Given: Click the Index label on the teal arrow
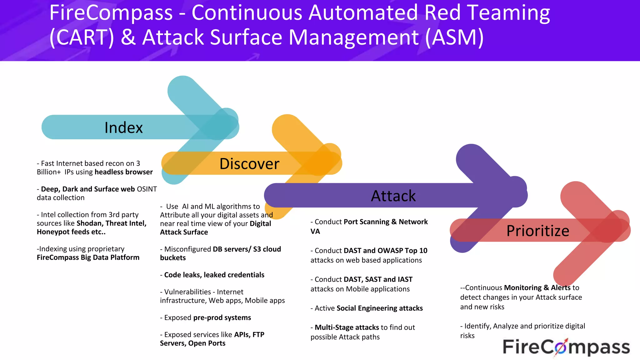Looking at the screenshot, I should (x=123, y=127).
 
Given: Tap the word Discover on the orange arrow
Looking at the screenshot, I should (x=249, y=164).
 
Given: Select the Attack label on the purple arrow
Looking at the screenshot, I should (x=393, y=196).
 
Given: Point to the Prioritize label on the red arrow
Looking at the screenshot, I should (x=537, y=231).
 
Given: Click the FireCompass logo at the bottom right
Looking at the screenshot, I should (x=566, y=347).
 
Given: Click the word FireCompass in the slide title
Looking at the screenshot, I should (x=111, y=13).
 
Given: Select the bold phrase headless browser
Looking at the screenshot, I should (x=123, y=172).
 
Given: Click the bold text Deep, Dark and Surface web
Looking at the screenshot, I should (x=88, y=189).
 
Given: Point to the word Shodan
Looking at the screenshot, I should (x=89, y=223).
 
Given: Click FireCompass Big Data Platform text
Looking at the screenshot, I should (x=88, y=257).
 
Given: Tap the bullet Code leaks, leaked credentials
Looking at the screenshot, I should (x=214, y=275).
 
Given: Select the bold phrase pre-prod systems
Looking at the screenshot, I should (x=222, y=317).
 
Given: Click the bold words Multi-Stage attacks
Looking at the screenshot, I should (x=347, y=327).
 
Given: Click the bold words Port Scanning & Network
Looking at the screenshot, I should (x=386, y=222).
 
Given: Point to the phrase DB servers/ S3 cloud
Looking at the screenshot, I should (x=247, y=249).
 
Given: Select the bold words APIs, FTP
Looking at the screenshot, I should (x=249, y=335).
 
